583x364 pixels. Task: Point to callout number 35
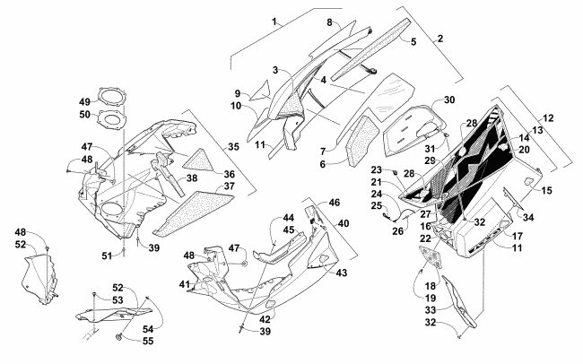(x=231, y=145)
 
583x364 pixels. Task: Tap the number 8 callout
(x=329, y=22)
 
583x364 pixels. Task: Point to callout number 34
(x=529, y=218)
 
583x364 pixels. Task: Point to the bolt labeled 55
(x=120, y=338)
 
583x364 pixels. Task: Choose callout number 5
(x=413, y=42)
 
